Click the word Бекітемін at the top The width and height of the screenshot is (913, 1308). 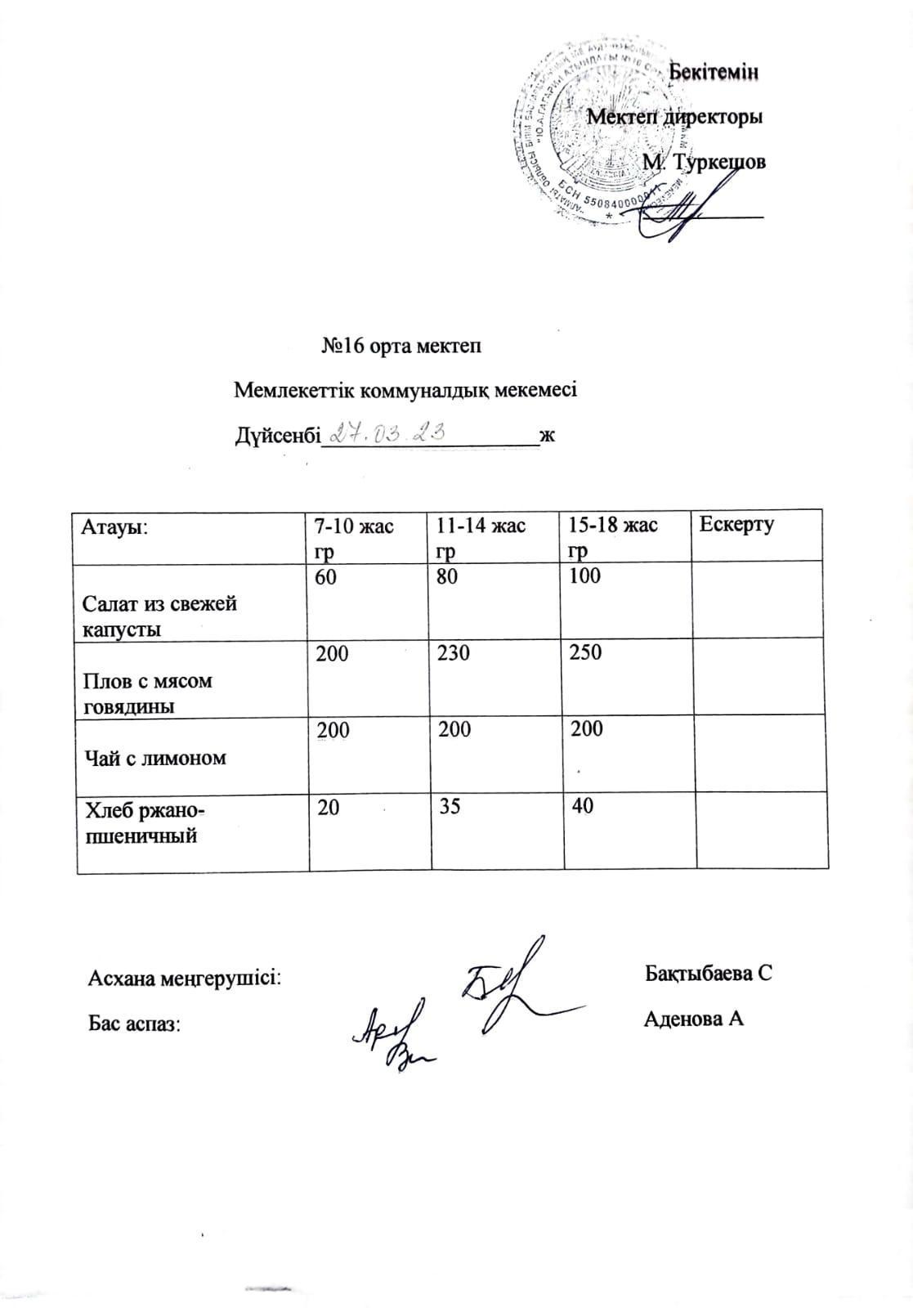point(714,72)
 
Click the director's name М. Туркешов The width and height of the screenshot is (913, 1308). point(704,162)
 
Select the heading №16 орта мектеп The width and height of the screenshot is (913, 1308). point(401,346)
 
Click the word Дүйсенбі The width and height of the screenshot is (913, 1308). point(275,436)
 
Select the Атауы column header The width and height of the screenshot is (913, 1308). point(114,526)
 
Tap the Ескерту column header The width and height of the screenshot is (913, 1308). point(736,524)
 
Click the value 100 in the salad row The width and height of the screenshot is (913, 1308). point(584,576)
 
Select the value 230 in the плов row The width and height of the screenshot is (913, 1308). point(454,652)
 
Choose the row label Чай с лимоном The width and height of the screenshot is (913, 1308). point(154,758)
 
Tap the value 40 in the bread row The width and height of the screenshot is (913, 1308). point(583,806)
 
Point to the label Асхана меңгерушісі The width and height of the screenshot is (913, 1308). point(185,977)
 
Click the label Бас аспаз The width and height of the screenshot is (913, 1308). point(134,1023)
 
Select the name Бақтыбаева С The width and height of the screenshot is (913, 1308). point(708,974)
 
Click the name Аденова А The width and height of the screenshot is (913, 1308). point(693,1019)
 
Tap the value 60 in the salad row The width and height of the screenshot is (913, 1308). point(325,576)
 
